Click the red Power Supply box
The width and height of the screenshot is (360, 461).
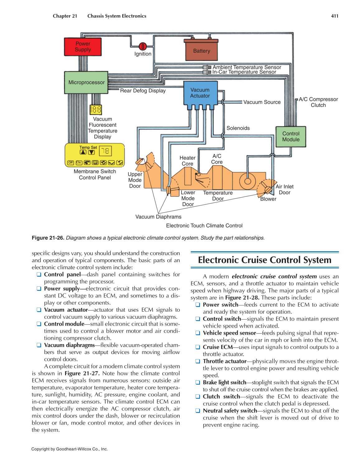83,47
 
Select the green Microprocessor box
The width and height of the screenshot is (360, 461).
86,82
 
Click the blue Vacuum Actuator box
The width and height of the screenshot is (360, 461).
200,93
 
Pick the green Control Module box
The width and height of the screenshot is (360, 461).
291,137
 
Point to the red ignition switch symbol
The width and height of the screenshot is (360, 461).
143,46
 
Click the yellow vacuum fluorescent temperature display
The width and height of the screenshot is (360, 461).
96,109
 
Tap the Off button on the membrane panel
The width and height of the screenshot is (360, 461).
71,162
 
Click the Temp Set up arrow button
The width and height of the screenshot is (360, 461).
83,152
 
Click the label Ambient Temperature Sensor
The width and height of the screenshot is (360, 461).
247,67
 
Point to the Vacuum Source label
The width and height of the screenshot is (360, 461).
262,102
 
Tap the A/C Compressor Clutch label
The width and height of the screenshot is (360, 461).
318,102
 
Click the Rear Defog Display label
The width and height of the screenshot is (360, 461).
143,91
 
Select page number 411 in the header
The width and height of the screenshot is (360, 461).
335,16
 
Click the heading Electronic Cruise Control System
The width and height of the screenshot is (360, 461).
265,260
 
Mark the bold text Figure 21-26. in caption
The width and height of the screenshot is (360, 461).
48,238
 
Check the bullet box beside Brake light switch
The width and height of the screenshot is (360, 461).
198,382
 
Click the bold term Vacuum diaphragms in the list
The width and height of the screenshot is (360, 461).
69,345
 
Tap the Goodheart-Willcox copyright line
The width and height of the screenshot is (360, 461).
69,449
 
